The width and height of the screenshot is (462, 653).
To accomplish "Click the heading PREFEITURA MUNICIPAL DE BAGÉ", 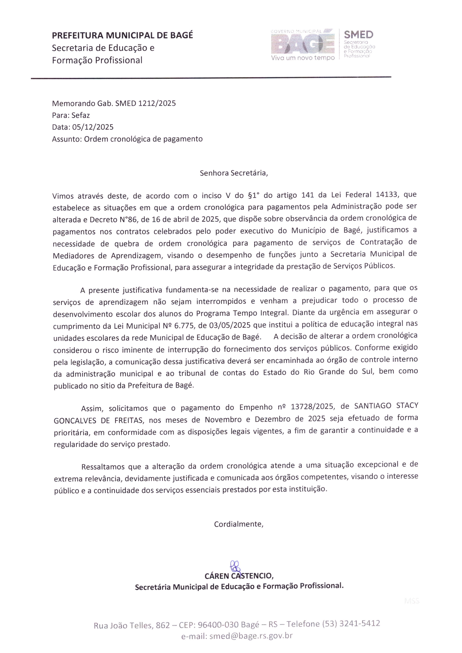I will [122, 35].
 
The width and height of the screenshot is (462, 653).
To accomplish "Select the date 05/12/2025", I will [93, 127].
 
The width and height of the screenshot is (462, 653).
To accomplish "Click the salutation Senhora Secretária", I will [234, 173].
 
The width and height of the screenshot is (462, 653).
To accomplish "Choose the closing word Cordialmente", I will [238, 524].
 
